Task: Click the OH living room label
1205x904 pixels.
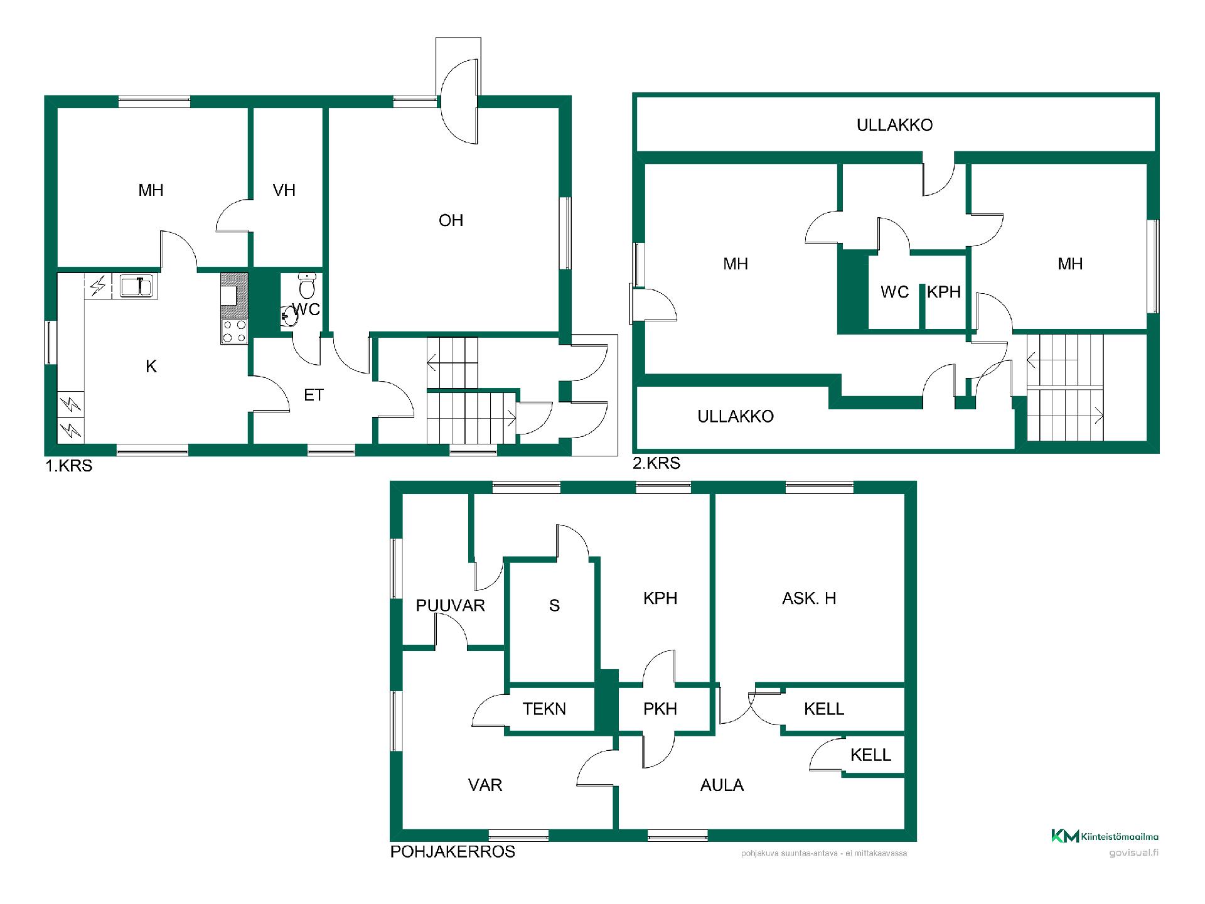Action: coord(451,220)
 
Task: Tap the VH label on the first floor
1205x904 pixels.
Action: coord(284,190)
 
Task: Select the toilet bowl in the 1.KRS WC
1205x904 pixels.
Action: coord(307,286)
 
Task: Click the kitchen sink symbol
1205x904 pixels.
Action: coord(137,286)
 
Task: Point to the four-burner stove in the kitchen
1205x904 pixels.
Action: coord(234,331)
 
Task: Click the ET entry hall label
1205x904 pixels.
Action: coord(313,395)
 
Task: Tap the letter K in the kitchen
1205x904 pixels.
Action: coord(151,367)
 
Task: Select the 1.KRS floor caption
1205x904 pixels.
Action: coord(69,466)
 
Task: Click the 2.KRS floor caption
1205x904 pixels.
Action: coord(656,463)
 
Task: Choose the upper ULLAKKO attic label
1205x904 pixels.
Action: coord(894,125)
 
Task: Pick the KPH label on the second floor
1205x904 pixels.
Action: coord(944,292)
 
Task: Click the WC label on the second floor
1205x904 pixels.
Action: coord(894,292)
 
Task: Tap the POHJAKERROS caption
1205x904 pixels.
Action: coord(453,852)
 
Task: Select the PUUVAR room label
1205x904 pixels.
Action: coord(450,605)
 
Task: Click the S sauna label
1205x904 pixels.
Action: coord(554,605)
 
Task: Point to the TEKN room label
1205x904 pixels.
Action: coord(544,709)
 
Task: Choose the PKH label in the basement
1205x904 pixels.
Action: coord(660,709)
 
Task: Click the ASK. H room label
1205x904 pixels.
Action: coord(809,598)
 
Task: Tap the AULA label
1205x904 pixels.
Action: coord(722,785)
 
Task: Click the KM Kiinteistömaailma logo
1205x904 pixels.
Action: coord(1105,836)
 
